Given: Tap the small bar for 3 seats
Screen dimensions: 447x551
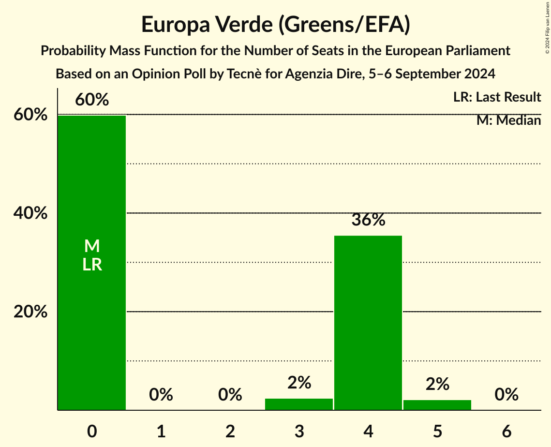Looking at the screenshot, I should (x=299, y=404).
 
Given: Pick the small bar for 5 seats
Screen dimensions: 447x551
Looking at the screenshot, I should (x=437, y=405).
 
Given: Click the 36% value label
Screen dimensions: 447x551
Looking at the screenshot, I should (x=368, y=220).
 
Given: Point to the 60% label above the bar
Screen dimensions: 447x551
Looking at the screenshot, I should (x=92, y=100).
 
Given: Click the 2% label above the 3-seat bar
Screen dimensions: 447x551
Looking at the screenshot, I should (x=299, y=383).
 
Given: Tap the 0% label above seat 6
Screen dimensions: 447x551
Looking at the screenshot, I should (x=506, y=395).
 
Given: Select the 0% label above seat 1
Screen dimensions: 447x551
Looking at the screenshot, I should (x=161, y=395).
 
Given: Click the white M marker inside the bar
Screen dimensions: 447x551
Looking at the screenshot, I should (x=92, y=246).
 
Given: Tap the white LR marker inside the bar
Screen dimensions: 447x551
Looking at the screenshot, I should (x=92, y=265).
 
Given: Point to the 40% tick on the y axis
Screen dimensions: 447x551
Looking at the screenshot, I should (x=30, y=213).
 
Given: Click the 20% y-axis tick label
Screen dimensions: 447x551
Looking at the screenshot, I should (x=30, y=312).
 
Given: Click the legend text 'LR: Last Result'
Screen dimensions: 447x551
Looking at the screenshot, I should (x=497, y=97).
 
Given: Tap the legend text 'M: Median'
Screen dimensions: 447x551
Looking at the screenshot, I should (x=508, y=120).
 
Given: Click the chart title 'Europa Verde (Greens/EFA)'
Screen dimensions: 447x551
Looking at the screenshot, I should (x=276, y=25).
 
